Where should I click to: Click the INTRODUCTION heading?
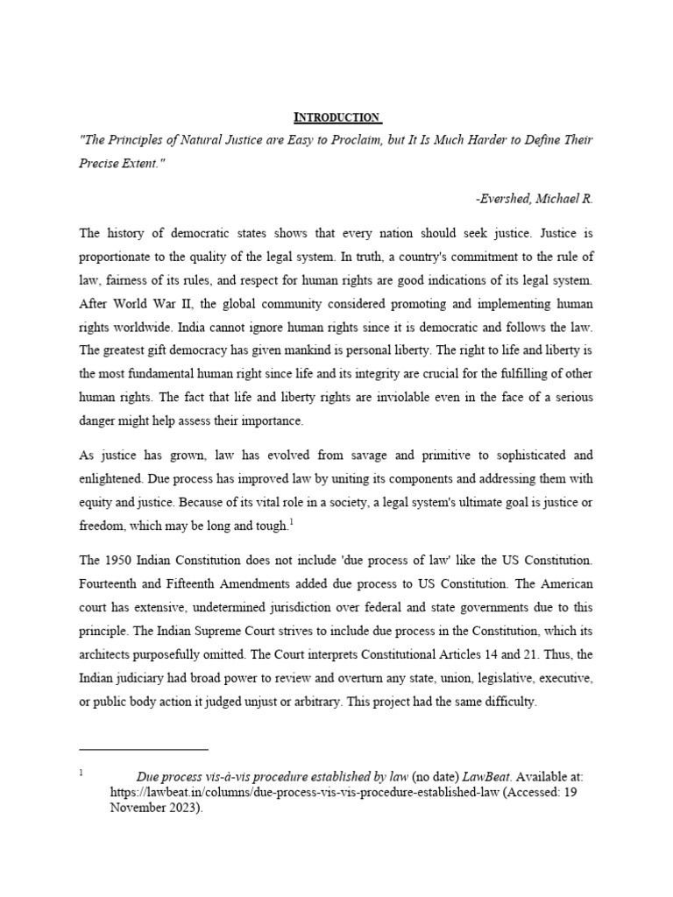(336, 117)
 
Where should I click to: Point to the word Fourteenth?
(110, 583)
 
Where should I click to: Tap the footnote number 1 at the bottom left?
(81, 773)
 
